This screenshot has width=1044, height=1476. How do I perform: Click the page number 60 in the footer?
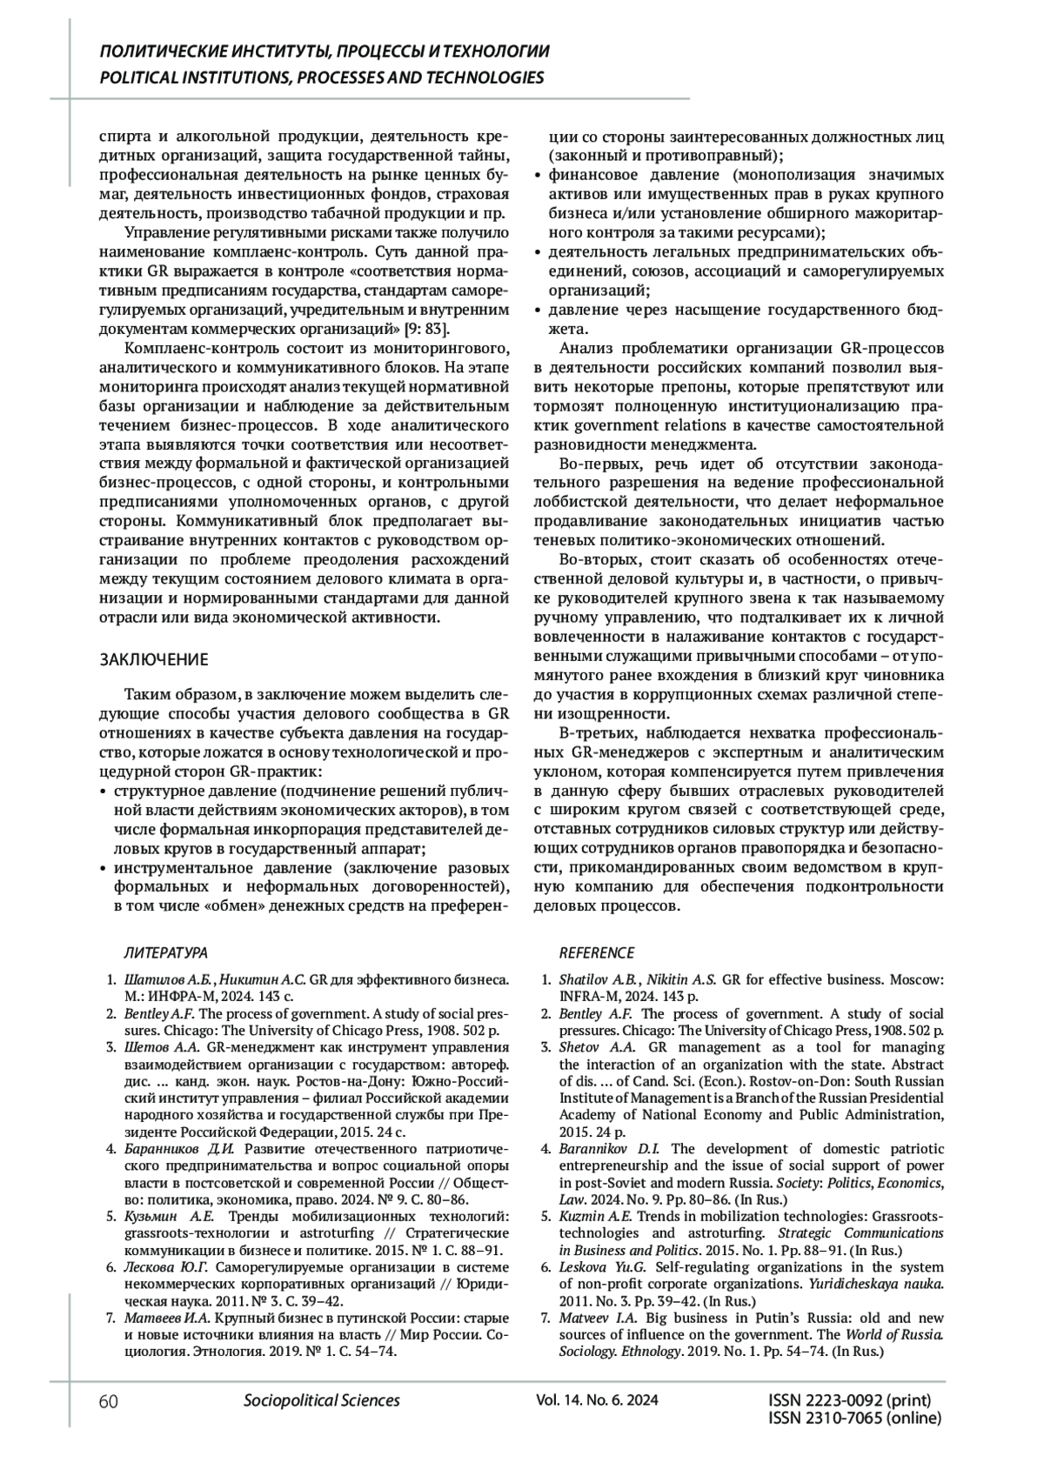[109, 1400]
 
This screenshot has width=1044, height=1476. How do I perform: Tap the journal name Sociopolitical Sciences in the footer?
[322, 1400]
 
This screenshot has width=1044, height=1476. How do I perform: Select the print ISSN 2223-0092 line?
[850, 1400]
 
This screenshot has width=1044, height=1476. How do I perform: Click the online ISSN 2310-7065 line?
[855, 1419]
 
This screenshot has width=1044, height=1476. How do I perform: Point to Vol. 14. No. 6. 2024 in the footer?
[598, 1400]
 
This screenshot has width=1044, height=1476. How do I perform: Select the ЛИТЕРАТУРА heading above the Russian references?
[165, 952]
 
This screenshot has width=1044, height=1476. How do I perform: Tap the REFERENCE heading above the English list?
[596, 952]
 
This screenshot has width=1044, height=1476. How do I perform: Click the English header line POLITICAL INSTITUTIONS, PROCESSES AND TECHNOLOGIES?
[322, 77]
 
